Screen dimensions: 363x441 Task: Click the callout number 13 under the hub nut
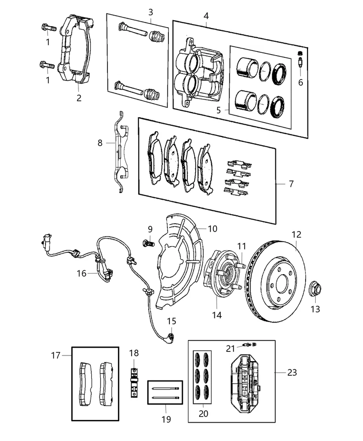(315, 309)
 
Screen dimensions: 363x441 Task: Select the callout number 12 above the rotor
(296, 235)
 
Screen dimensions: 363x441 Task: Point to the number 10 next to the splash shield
(212, 229)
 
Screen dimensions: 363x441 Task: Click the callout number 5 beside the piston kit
(218, 110)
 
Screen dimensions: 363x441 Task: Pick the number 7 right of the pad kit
(291, 184)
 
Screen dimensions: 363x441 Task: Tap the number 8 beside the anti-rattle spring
(100, 143)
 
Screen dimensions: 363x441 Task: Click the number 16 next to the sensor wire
(82, 273)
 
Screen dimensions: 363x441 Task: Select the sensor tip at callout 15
(171, 337)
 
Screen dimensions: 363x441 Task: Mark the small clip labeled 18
(134, 382)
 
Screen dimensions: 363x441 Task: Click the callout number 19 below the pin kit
(166, 419)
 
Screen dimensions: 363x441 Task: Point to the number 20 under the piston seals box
(203, 413)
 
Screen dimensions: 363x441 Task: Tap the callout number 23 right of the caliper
(292, 373)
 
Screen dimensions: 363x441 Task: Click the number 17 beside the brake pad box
(56, 356)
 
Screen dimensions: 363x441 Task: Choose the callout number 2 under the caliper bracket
(79, 98)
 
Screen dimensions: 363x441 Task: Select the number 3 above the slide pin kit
(151, 12)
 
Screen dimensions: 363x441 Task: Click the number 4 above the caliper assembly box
(206, 16)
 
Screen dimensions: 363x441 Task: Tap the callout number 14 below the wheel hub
(217, 315)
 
